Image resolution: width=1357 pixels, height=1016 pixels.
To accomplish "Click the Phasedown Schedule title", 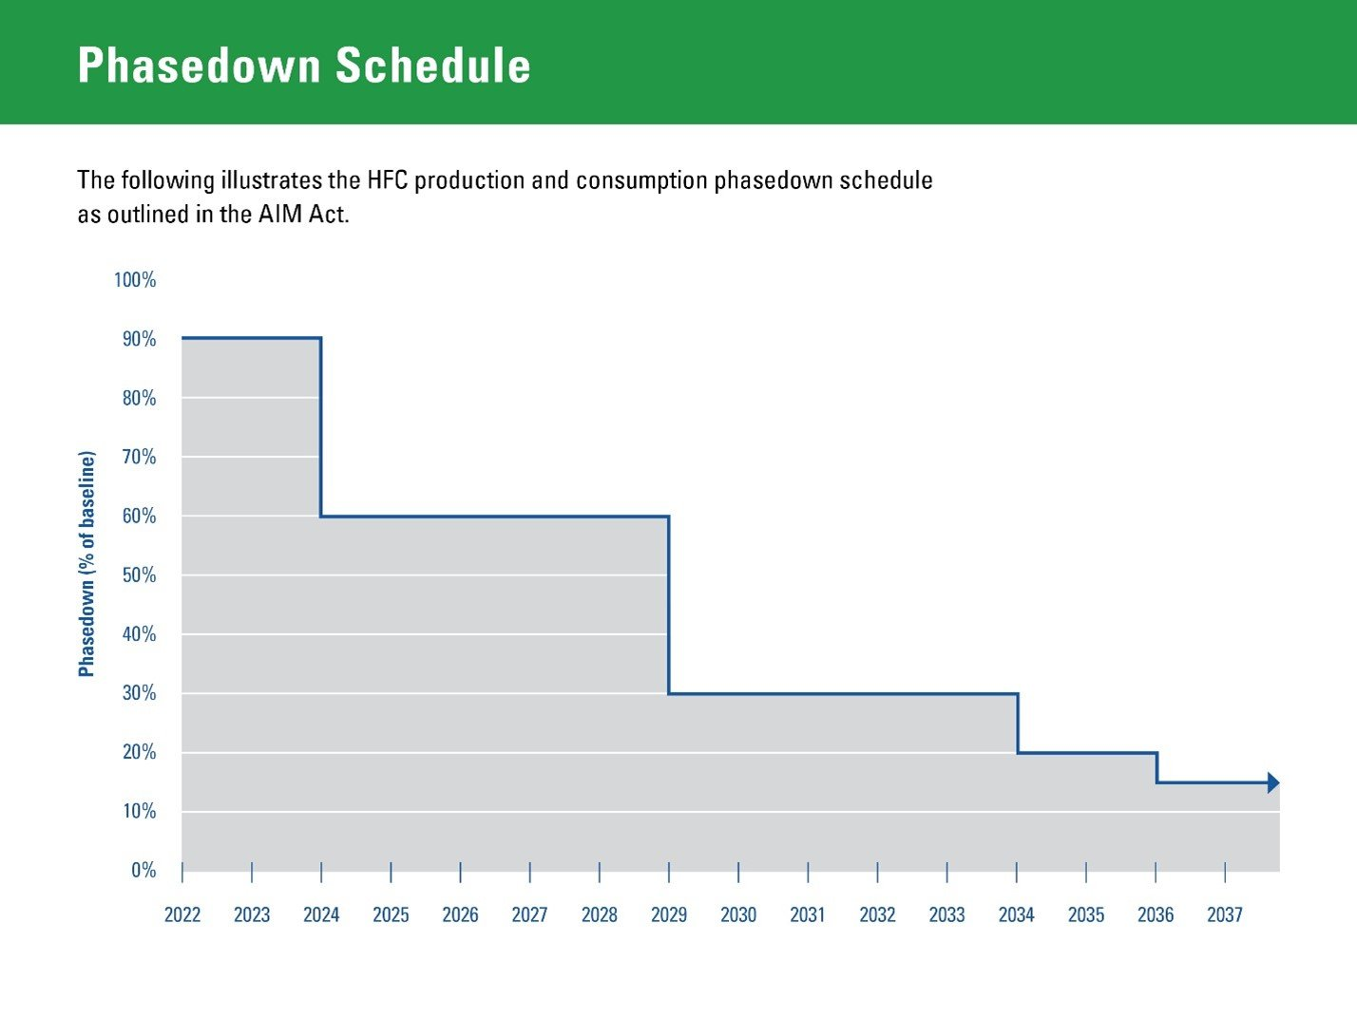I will pos(304,66).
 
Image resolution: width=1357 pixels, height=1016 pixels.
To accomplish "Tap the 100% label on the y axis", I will pos(135,280).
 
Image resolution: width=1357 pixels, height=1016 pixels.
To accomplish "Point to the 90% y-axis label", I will pos(139,339).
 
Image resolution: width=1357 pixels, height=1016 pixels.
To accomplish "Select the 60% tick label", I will pos(139,517).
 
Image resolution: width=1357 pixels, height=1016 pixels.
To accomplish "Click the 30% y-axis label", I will pos(139,693).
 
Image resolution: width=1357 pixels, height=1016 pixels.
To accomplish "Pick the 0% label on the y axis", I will pos(143,871).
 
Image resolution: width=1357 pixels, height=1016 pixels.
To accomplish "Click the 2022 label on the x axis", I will pos(182,914).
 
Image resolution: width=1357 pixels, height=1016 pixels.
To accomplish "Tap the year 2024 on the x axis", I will pos(321,914).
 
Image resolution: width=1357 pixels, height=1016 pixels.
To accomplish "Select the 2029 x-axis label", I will pos(669,914).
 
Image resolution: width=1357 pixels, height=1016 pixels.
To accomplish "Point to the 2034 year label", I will pos(1016,914).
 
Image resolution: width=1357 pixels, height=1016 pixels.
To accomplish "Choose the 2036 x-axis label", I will pos(1156,914).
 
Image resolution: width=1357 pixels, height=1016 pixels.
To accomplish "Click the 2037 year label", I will pos(1225,914).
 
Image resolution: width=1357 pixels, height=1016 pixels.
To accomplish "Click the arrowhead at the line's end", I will pos(1273,783).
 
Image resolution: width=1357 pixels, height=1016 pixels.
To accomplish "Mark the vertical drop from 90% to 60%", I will pos(321,427).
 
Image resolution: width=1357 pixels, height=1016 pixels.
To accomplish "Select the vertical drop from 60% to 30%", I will pos(669,605).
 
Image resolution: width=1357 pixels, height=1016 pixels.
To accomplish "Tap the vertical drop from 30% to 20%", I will pos(1018,724).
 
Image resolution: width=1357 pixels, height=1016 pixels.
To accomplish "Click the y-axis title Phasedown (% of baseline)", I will pos(86,564).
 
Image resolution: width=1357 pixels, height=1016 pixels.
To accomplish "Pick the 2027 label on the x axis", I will pos(529,914).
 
